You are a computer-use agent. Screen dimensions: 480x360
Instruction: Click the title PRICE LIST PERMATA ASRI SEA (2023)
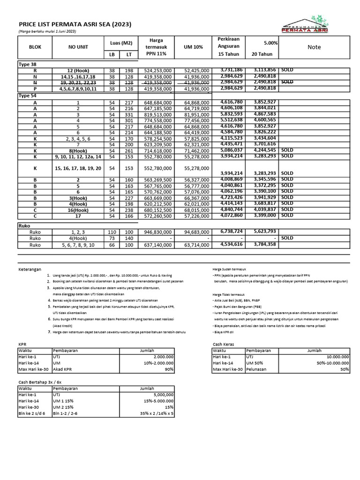click(x=75, y=24)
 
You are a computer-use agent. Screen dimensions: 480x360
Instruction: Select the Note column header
click(x=314, y=47)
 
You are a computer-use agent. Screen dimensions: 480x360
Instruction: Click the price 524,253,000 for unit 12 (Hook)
click(x=157, y=70)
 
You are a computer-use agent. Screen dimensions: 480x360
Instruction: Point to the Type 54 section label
click(x=27, y=95)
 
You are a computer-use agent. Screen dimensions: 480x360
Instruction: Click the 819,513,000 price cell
click(x=157, y=114)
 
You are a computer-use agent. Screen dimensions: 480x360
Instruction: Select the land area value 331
click(x=128, y=114)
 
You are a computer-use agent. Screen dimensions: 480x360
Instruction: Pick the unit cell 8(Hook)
click(x=78, y=150)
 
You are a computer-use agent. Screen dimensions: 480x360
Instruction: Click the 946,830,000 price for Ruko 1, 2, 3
click(x=157, y=232)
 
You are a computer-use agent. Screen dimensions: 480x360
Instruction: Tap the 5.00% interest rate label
click(x=271, y=43)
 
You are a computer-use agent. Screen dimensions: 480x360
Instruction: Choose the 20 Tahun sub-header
click(x=261, y=55)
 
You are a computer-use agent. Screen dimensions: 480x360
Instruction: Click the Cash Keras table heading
click(x=224, y=344)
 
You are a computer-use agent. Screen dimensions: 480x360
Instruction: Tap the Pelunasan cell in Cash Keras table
click(x=257, y=369)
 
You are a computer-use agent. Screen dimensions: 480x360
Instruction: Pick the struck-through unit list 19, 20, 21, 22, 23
click(x=78, y=82)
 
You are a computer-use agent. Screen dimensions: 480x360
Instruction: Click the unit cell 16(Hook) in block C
click(x=78, y=210)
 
